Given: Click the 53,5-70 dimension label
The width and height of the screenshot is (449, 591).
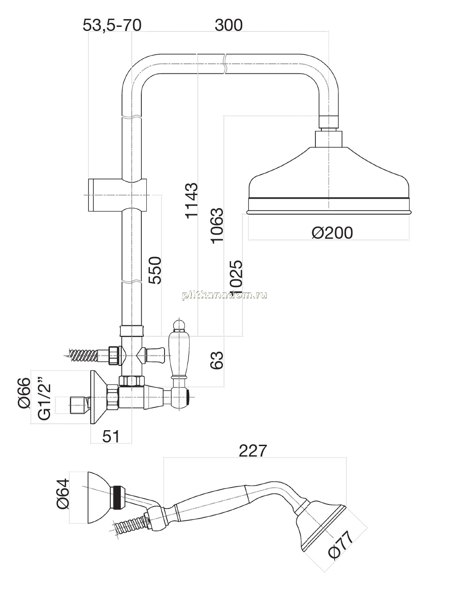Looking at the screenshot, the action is pos(112,26).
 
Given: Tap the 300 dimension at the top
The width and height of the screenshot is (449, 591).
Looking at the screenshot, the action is pos(229,26).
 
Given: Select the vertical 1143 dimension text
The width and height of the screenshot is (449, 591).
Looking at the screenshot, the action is pos(191,200).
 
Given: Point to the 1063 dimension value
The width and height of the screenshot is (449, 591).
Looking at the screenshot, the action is pos(217,226).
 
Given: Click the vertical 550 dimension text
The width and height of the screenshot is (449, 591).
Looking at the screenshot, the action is pos(155,270).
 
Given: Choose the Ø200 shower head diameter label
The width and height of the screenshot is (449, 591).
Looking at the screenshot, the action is pos(332,233).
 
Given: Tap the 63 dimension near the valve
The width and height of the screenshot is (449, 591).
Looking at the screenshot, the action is pos(217,360).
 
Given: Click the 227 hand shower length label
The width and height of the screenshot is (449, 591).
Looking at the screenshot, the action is pos(253,451).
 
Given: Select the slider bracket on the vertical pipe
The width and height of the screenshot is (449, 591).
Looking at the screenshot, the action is pos(118,195).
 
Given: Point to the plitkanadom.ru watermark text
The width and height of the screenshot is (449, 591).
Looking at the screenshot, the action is pos(224,295).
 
